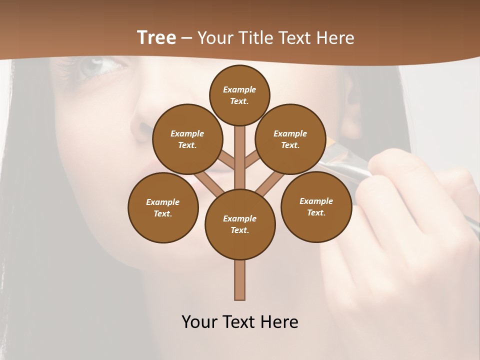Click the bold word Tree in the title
click(x=156, y=38)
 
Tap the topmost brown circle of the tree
click(x=239, y=95)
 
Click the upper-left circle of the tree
click(x=187, y=139)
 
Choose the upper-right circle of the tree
click(x=290, y=139)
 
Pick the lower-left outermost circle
click(x=163, y=207)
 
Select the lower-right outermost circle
click(x=316, y=206)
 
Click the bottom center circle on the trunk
click(x=240, y=224)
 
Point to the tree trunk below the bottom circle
click(x=240, y=280)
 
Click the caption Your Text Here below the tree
click(x=240, y=322)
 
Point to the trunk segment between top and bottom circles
click(x=240, y=157)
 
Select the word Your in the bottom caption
click(x=199, y=322)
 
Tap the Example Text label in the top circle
click(x=239, y=95)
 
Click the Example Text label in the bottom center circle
click(x=240, y=224)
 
